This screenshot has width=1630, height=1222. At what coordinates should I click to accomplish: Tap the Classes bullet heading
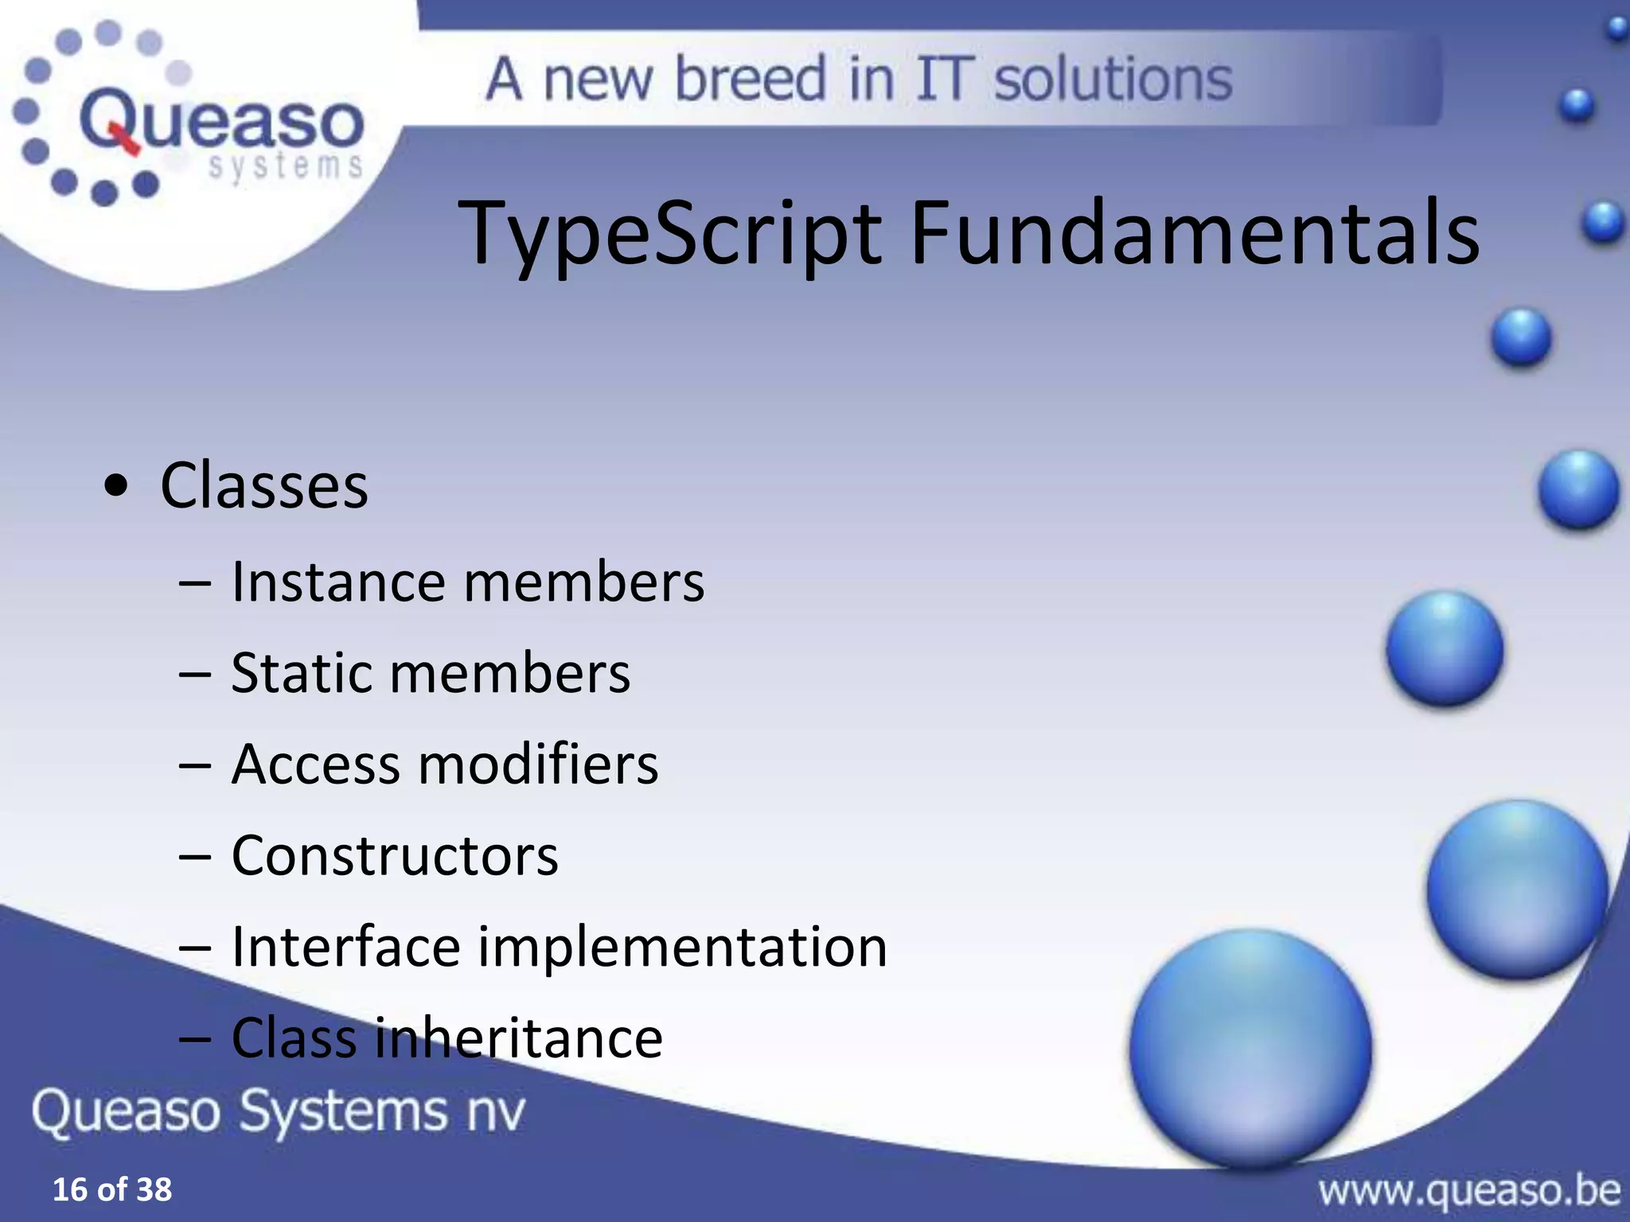point(264,486)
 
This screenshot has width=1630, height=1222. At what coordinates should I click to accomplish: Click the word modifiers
point(538,765)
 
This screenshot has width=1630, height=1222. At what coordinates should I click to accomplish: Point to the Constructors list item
point(395,856)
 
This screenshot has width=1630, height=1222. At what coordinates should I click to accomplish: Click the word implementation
point(682,948)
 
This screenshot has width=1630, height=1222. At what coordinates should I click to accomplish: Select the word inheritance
point(518,1038)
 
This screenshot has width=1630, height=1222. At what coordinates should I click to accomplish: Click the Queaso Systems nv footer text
point(279,1111)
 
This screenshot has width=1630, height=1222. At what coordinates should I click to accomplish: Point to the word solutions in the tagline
point(1113,80)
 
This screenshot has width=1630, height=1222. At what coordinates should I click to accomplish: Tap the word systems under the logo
point(285,167)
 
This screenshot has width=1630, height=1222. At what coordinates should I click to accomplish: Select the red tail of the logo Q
point(126,142)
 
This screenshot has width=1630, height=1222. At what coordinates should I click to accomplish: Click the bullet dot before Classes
point(116,488)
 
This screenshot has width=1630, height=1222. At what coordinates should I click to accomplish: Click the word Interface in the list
point(345,948)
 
